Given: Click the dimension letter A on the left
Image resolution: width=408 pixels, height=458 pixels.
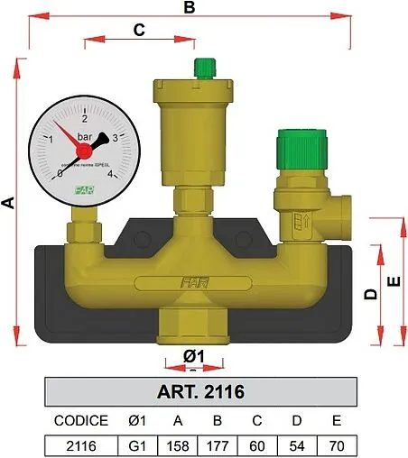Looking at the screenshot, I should tap(8, 205).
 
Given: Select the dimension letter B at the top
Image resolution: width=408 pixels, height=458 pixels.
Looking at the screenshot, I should tap(190, 8).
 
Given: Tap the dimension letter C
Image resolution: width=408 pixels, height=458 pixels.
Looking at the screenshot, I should tap(139, 29).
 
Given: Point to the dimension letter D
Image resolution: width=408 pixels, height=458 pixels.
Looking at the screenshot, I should tap(369, 294).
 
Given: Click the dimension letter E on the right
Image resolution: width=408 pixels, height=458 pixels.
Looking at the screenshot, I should tap(393, 281).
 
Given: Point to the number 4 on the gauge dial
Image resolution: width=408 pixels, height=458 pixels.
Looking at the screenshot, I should tap(110, 174).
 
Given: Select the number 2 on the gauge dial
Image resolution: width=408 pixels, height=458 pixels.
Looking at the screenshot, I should tap(85, 118).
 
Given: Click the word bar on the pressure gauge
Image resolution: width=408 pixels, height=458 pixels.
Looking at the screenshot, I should tap(84, 137).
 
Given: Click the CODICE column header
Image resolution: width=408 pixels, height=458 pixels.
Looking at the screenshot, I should tap(81, 420).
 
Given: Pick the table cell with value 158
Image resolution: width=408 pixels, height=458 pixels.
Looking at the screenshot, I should tap(178, 445).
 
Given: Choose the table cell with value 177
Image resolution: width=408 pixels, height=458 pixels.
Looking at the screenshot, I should tap(218, 445).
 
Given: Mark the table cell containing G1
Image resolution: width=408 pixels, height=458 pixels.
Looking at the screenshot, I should tap(137, 445).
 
